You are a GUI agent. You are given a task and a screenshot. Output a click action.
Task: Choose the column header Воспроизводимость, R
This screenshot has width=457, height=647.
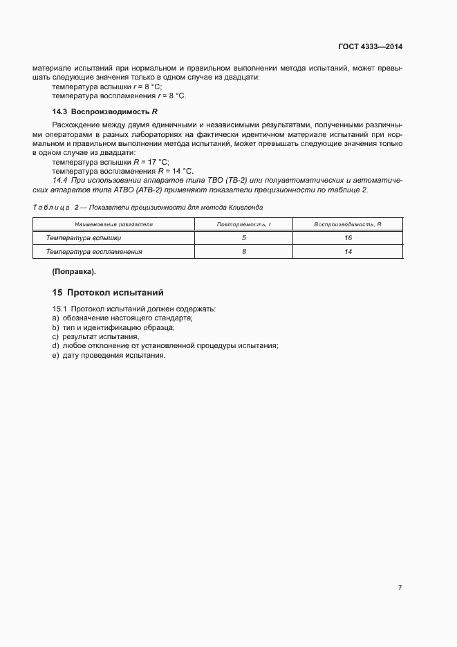[348, 224]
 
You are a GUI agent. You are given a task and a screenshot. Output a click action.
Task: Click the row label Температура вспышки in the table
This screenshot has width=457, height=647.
[84, 238]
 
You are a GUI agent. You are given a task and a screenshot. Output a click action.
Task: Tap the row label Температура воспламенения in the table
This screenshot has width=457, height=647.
[94, 252]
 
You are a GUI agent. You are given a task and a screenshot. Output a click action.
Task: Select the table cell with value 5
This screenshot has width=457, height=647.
[244, 238]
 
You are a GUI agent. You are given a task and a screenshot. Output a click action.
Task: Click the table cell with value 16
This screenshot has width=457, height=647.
[348, 238]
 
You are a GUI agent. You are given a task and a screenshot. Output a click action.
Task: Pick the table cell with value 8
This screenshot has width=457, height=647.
[244, 252]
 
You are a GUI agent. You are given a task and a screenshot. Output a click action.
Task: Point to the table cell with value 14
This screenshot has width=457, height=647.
[348, 252]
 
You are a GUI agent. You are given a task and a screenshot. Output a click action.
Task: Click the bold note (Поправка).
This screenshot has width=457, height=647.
[74, 271]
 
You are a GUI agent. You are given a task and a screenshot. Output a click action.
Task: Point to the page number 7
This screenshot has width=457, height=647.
[400, 587]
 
